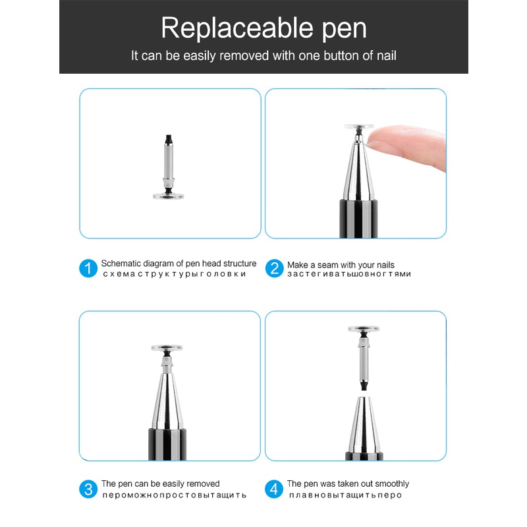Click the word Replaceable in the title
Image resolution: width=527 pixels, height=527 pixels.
pyautogui.click(x=237, y=28)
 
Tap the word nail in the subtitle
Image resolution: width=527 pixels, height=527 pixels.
pyautogui.click(x=386, y=55)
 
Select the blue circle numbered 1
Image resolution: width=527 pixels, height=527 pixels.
pyautogui.click(x=88, y=268)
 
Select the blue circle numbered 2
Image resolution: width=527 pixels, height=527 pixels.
pyautogui.click(x=274, y=268)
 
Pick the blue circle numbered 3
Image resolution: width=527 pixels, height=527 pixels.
pyautogui.click(x=88, y=489)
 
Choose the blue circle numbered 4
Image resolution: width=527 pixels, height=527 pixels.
pyautogui.click(x=274, y=489)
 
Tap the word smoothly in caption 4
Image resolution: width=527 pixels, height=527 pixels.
pyautogui.click(x=392, y=484)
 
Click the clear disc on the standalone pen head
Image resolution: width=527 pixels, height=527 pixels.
pyautogui.click(x=169, y=196)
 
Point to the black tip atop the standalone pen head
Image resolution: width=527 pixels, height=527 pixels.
pyautogui.click(x=169, y=139)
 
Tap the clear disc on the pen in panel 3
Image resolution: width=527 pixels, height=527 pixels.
pyautogui.click(x=167, y=348)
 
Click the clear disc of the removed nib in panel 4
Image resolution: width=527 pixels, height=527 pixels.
pyautogui.click(x=364, y=328)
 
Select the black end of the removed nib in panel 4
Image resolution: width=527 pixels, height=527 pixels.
pyautogui.click(x=364, y=385)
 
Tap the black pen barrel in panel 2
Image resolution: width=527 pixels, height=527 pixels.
pyautogui.click(x=358, y=219)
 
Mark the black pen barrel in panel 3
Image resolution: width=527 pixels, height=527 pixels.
pyautogui.click(x=167, y=444)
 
